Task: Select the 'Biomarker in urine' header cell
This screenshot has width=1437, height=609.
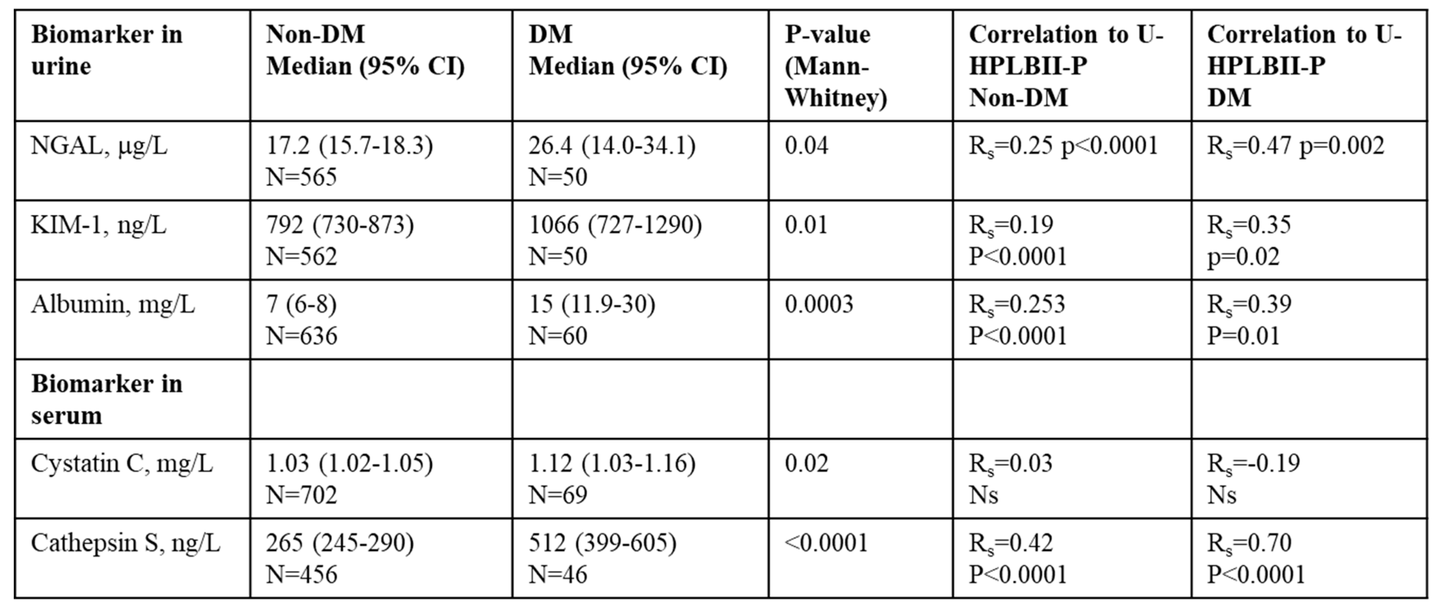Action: coord(106,50)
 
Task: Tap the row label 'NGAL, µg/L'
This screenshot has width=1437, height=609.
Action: coord(99,146)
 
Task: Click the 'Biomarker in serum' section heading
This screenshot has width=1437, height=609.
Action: coord(106,399)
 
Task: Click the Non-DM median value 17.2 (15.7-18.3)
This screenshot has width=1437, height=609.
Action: coord(349,146)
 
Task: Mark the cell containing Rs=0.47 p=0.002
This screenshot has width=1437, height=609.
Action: coord(1295,146)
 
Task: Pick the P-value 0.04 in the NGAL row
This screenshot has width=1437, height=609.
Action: coord(806,146)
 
